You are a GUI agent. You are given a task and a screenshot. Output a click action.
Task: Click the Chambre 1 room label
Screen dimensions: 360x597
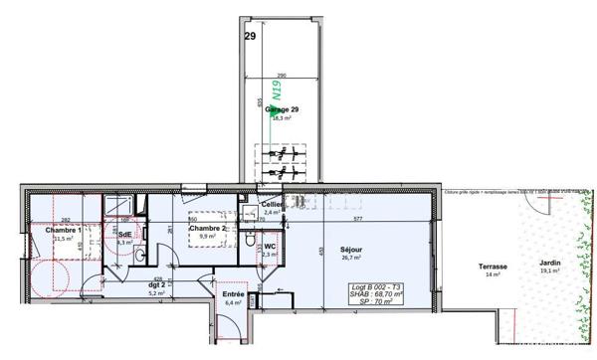[64, 229]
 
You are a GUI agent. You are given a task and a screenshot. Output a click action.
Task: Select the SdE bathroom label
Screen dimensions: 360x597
[124, 235]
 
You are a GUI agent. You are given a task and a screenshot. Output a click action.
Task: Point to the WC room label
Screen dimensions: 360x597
[270, 245]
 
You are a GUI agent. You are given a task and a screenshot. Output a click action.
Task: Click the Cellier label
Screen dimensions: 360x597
[272, 203]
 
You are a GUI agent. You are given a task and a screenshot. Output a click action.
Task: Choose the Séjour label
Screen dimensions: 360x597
[351, 249]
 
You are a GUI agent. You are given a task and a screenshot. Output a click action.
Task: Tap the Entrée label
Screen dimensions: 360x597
[233, 294]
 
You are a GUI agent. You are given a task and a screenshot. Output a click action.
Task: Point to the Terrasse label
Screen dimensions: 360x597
[493, 266]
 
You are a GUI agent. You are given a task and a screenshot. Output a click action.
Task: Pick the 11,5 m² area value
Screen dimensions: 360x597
[63, 239]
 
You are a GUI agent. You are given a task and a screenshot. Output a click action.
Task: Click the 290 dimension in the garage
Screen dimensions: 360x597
[282, 76]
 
